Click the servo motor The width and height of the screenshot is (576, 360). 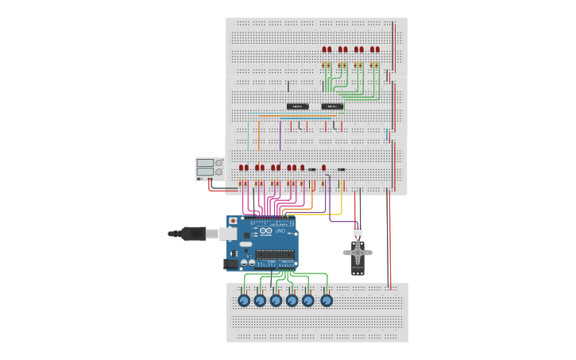coord(358,256)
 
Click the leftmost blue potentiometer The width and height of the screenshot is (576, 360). coord(244,300)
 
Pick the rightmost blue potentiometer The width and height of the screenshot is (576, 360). coord(326,300)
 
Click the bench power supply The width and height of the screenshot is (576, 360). coord(208,168)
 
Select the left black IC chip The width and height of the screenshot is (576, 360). coord(297,106)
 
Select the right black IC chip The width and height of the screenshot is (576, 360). coord(332,106)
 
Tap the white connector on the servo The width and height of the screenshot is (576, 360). coord(358,231)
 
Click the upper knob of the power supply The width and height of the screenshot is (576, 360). coord(218,163)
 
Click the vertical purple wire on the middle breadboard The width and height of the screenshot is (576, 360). coord(280,134)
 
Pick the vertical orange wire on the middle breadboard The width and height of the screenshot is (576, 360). coord(258,134)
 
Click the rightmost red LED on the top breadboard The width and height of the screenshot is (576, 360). coord(377,49)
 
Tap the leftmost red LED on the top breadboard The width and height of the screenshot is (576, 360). coord(324,49)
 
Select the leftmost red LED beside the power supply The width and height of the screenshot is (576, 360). coord(242,168)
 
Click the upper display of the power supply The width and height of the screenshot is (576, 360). coord(205,163)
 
